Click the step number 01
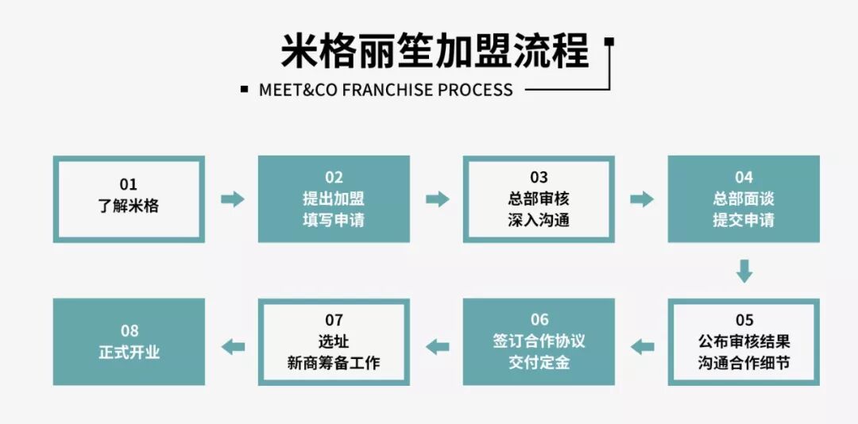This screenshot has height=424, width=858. [129, 184]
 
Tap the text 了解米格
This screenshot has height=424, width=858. [129, 206]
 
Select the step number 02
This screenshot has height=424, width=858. [334, 177]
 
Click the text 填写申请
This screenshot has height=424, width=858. [334, 220]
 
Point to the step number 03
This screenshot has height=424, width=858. [539, 177]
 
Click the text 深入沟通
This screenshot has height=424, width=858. [539, 220]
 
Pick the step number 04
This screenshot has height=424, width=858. [744, 177]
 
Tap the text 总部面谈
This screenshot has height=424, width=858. [744, 199]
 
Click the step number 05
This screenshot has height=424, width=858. [744, 320]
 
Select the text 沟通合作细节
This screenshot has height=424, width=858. [744, 363]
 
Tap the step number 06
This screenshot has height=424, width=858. [539, 320]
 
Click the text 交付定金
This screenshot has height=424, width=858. [539, 363]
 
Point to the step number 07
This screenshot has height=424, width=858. [334, 320]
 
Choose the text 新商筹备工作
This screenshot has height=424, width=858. [334, 363]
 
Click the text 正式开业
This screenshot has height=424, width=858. [129, 352]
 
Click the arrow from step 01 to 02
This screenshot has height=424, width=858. [232, 199]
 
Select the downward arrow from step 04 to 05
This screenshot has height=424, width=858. [744, 271]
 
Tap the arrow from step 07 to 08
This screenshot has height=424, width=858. [232, 346]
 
